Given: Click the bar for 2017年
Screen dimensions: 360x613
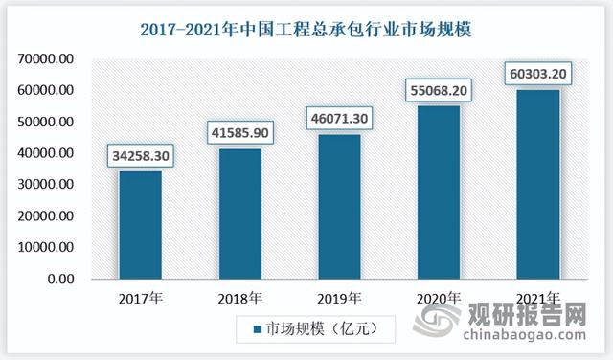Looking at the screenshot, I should tap(140, 226).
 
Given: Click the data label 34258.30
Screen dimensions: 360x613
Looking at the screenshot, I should tap(141, 154).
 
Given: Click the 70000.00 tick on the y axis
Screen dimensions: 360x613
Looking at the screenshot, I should tap(45, 59).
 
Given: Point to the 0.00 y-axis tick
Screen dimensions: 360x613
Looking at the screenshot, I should tap(59, 280).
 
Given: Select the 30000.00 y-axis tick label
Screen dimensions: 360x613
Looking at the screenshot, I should tap(45, 185).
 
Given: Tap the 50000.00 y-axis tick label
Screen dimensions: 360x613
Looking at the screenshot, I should tap(45, 123).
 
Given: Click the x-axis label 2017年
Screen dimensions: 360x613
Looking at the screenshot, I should tap(140, 299).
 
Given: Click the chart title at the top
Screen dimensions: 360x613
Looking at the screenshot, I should tap(306, 28).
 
